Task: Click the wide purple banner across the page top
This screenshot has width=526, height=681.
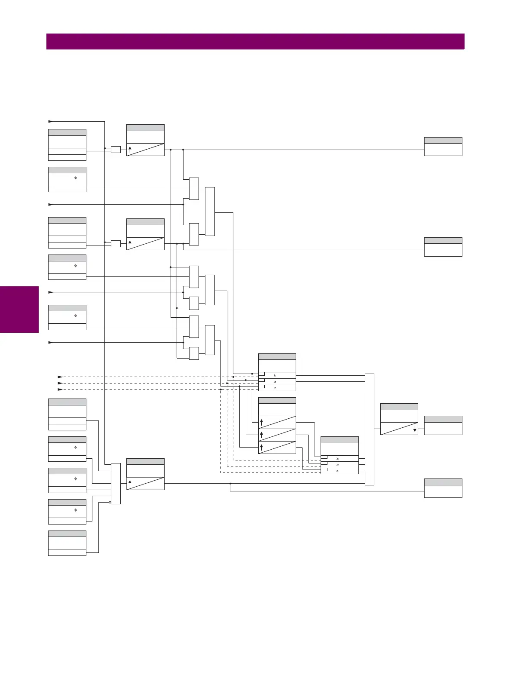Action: (255, 41)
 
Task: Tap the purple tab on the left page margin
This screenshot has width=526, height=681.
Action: (19, 310)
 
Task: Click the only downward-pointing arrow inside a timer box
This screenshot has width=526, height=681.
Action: (415, 429)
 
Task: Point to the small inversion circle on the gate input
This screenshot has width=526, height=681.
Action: (110, 502)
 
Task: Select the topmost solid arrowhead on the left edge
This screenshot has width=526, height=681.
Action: (50, 122)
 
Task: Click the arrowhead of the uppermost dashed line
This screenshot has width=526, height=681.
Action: (60, 377)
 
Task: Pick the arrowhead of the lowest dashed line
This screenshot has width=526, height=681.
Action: (60, 390)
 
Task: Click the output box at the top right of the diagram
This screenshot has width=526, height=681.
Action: (443, 147)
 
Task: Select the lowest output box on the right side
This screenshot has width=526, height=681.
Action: (443, 488)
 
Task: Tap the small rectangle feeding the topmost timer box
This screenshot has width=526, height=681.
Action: (116, 150)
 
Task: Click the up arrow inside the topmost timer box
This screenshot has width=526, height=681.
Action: (130, 150)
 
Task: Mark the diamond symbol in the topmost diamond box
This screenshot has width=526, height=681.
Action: (76, 178)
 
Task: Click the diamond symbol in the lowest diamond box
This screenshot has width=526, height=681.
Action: (76, 510)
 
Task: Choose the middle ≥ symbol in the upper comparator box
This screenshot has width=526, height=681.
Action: (275, 382)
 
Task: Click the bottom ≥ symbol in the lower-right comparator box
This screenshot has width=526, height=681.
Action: (337, 471)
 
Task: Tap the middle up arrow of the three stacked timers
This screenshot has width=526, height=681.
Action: (261, 435)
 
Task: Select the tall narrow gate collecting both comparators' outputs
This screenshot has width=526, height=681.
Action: (370, 429)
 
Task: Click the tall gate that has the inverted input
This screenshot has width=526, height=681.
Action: (116, 484)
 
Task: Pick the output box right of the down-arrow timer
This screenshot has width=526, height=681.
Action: (443, 425)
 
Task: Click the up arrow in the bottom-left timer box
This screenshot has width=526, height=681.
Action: (130, 484)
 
